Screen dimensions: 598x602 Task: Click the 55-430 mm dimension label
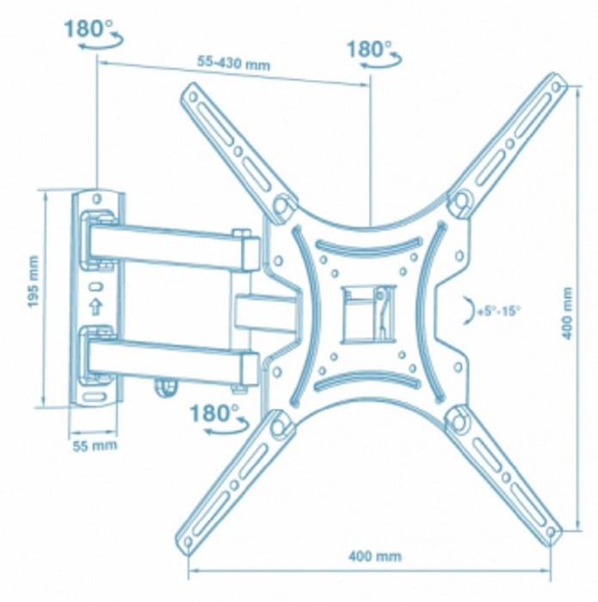coord(233,63)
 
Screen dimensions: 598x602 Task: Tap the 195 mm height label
coord(34,281)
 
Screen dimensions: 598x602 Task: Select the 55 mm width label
coord(95,445)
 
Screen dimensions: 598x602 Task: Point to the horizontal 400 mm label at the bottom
coord(375,556)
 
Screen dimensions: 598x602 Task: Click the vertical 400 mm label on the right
coord(567,313)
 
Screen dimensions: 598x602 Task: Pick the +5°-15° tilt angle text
coord(498,310)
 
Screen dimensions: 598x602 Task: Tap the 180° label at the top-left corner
coord(89,28)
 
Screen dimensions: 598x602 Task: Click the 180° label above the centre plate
coord(369,50)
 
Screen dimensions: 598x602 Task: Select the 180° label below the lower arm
coord(214,414)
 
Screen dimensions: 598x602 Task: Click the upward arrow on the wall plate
coord(96,306)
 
